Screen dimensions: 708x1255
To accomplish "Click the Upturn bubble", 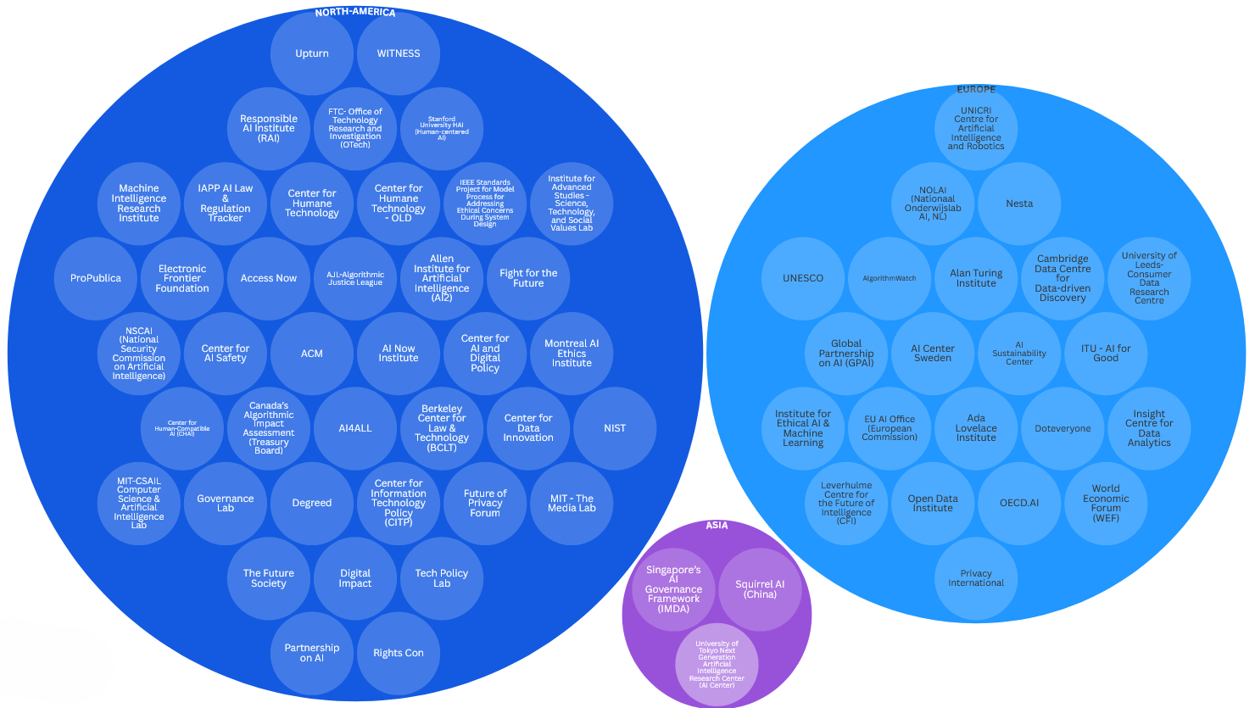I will [312, 53].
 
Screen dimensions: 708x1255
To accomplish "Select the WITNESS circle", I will [399, 53].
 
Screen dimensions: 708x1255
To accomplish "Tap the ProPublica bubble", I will [96, 278].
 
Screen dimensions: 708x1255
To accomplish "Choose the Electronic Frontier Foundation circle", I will [182, 278].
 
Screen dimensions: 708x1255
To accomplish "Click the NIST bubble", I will [615, 428].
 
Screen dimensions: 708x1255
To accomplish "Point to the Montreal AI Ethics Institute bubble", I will [572, 354].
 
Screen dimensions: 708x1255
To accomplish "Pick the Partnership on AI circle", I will [312, 653].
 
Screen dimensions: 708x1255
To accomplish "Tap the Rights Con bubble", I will [399, 653].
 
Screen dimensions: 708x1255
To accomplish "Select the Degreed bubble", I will [312, 503].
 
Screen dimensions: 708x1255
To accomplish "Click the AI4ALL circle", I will [355, 428].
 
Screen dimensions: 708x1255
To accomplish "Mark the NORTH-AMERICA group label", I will [355, 13].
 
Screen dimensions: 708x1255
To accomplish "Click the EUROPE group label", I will [976, 89].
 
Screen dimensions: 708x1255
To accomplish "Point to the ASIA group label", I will [717, 526].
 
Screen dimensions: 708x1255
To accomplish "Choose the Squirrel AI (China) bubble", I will [760, 589].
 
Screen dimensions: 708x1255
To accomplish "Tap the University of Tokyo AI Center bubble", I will [717, 664].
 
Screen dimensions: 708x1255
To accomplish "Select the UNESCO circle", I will [803, 278].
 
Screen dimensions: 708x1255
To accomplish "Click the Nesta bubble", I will [1019, 203].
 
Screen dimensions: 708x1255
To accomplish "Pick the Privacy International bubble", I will [976, 578].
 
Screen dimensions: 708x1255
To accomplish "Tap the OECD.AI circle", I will [1019, 503].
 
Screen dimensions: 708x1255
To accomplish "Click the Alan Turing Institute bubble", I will [976, 278].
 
